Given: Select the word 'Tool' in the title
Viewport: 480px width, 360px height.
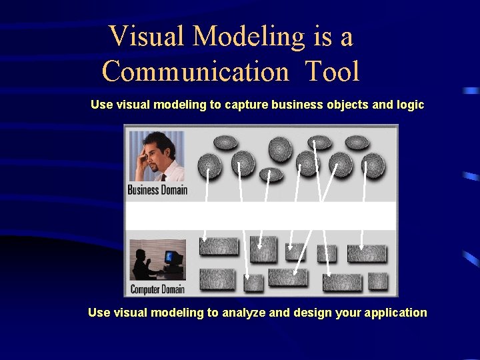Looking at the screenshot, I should coord(333,71).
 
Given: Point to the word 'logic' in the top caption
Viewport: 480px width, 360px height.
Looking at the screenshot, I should coord(409,105).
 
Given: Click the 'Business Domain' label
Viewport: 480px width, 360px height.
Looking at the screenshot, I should coord(157,190).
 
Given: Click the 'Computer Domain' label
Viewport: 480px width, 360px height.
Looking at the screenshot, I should coord(157,289).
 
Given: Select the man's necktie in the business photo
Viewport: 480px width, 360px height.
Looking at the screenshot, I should coord(163,176).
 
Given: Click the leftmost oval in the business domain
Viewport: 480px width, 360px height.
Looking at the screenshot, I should coord(210,165).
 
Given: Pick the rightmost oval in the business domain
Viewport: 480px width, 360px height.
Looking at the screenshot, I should coord(372,164).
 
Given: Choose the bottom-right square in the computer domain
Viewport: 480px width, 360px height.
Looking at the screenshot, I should coord(378,281).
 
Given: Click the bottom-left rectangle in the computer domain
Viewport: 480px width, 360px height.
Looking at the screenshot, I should coord(217,279).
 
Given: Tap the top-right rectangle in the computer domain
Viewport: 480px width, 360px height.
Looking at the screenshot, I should coord(367,253).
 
